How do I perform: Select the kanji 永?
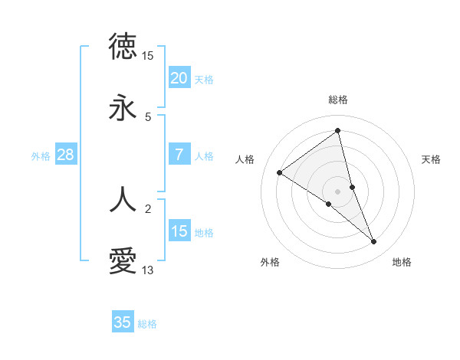point(123,108)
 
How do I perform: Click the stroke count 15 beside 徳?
point(148,56)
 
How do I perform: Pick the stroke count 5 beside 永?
point(148,117)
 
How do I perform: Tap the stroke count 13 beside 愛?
point(148,270)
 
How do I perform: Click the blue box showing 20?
point(179,78)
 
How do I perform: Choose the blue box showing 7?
point(179,155)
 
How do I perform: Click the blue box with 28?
point(65,155)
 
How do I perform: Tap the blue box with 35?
point(123,322)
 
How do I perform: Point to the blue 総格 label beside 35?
point(147,324)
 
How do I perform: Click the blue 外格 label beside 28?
point(41,156)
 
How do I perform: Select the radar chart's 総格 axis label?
point(338,100)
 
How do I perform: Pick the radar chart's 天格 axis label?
point(431,159)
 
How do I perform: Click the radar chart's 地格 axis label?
point(402,263)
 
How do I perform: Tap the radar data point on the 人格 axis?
point(280,172)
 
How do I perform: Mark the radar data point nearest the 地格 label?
point(374,241)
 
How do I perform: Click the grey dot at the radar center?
point(338,191)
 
